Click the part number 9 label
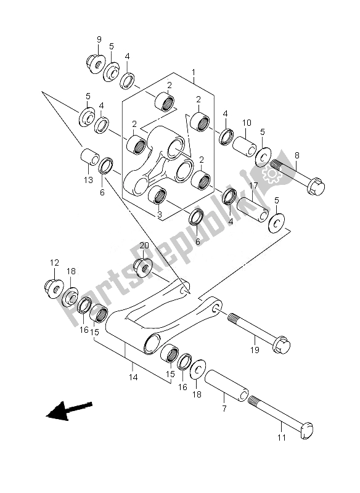(99, 39)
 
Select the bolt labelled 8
(297, 177)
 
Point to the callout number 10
(247, 123)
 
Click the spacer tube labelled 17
(253, 209)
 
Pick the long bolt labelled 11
(280, 418)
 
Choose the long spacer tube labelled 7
(226, 386)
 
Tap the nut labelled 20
(143, 267)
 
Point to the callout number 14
(133, 377)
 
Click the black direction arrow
(69, 410)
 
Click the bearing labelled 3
(157, 197)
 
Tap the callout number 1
(194, 73)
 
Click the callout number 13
(88, 180)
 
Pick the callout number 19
(255, 349)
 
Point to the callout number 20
(144, 245)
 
